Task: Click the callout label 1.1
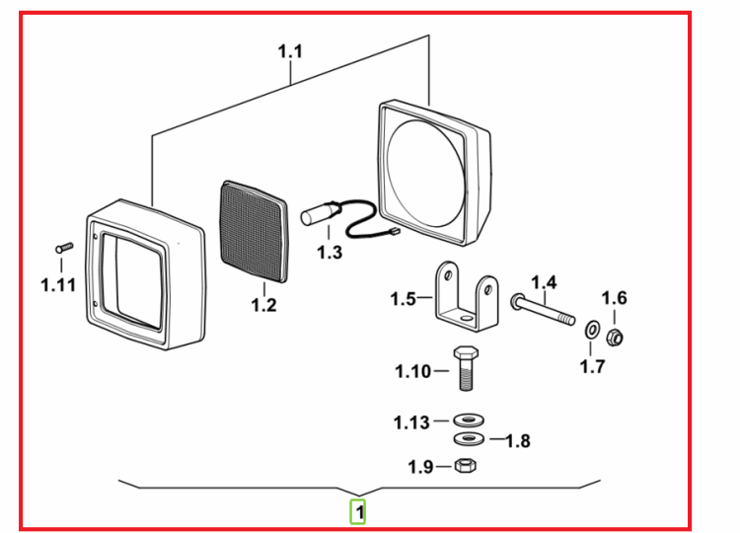coord(290,51)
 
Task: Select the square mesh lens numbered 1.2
coord(255,231)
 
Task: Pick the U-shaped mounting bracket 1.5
coord(466,296)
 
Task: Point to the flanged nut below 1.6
coord(615,337)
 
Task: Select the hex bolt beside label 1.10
coord(466,369)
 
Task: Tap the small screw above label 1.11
coord(64,248)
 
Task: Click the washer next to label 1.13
coord(469,419)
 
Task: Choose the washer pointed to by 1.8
coord(469,439)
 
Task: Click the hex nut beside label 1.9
coord(466,466)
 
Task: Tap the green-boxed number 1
coord(359,511)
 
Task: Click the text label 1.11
coord(58,284)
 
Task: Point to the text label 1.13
coord(412,422)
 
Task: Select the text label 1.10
coord(413,371)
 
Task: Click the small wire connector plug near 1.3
coord(394,232)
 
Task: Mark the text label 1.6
coord(614,298)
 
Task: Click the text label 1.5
coord(404,299)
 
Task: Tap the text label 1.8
coord(518,441)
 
